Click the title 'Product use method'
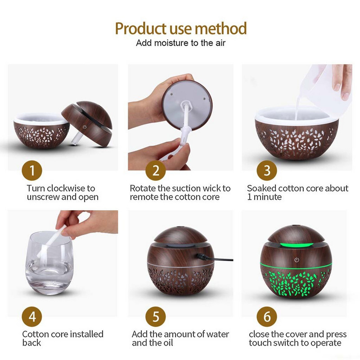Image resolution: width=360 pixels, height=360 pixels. point(180,28)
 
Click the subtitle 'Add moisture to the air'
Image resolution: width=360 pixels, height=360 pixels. point(180,43)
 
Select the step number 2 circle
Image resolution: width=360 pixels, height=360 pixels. point(156,171)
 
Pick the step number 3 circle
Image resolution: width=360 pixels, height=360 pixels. point(267,171)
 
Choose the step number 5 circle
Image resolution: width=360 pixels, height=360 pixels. point(156,316)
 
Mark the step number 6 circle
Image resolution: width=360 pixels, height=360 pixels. point(267,316)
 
